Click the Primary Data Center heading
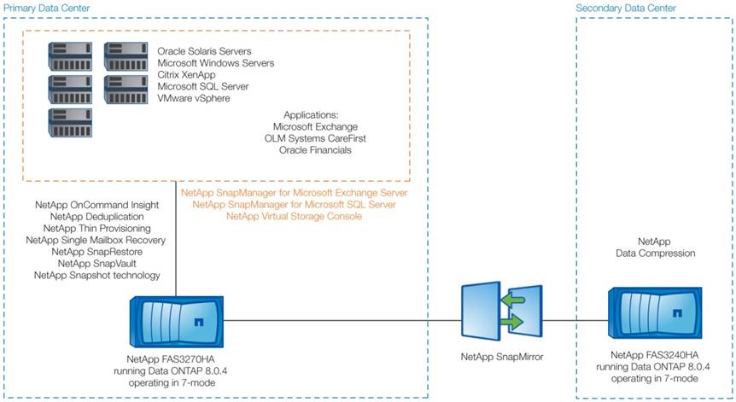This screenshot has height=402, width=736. [45, 8]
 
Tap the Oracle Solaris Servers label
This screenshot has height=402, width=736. [209, 51]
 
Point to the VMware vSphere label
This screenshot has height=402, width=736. [195, 99]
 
